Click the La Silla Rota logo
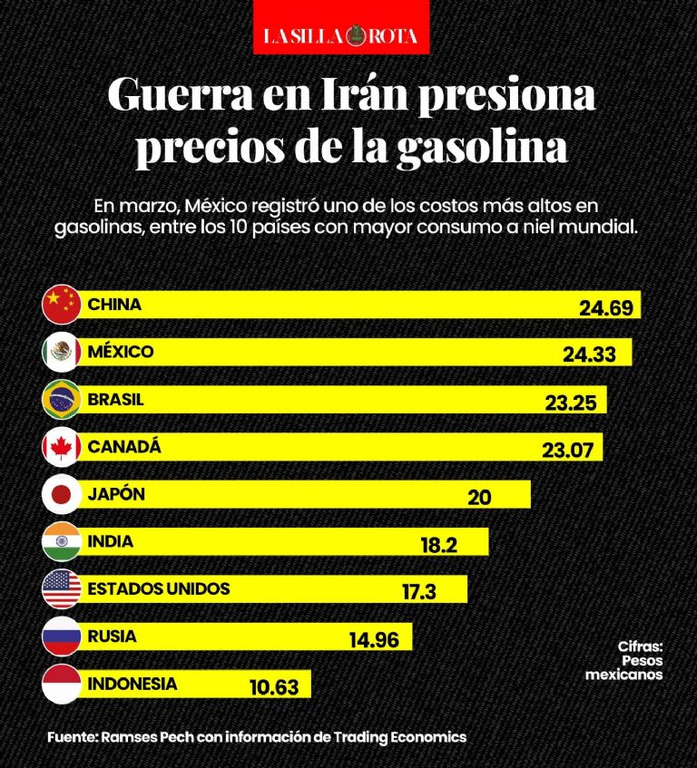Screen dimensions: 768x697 341,35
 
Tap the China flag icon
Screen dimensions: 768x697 63,306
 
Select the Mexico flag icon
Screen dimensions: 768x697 63,353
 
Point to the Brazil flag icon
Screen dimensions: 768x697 63,400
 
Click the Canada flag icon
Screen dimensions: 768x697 63,447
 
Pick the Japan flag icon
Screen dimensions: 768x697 63,495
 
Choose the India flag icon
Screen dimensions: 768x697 63,542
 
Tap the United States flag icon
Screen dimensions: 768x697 63,589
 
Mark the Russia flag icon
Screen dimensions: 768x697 63,637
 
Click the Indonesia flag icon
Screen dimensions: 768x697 63,684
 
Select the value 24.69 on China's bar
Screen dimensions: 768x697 605,308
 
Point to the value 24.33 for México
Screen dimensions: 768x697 589,355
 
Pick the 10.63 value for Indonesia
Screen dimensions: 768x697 274,687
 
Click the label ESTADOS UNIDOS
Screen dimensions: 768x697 159,588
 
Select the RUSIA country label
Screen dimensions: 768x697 113,636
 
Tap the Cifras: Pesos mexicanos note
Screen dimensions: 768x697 625,660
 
